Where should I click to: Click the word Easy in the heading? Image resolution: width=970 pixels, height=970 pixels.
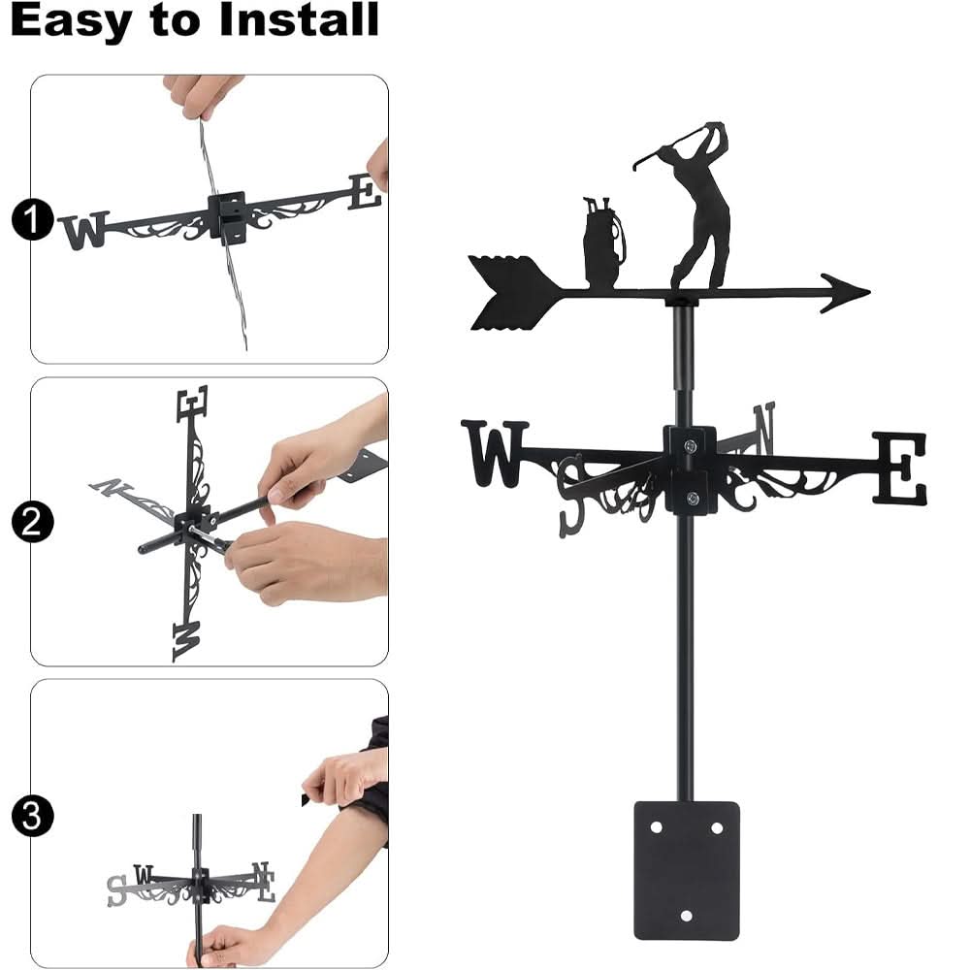(71, 20)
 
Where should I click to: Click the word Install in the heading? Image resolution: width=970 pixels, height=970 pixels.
(298, 20)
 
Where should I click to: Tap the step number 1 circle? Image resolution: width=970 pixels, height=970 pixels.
(32, 221)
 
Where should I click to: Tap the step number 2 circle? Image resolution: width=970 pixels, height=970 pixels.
(32, 523)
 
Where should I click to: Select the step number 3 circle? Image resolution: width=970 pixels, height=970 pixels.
(32, 816)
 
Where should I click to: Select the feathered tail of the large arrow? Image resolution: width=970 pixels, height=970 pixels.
(509, 291)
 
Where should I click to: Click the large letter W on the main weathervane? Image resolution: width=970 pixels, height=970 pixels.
(495, 453)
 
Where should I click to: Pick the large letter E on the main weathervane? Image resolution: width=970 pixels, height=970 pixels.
(899, 469)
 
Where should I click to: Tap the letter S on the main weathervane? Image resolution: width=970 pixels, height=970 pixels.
(571, 496)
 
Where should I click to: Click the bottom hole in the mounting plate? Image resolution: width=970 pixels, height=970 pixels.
(687, 915)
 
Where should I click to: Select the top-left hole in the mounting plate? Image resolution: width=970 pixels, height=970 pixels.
(657, 827)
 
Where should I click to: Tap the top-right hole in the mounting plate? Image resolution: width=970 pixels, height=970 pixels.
(717, 827)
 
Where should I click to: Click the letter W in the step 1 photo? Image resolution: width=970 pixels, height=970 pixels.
(83, 231)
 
